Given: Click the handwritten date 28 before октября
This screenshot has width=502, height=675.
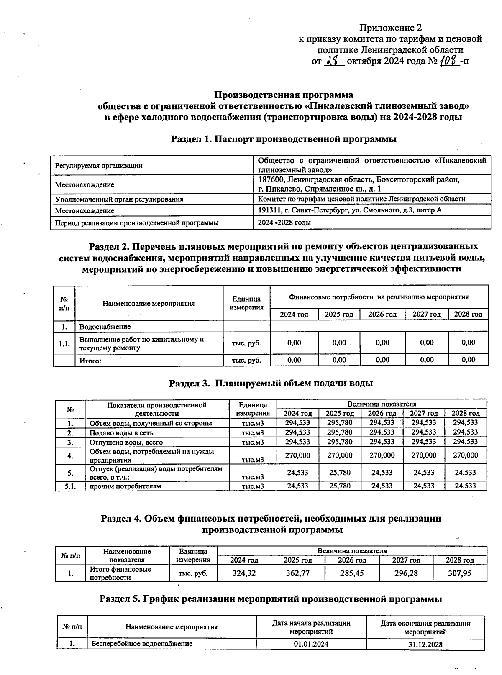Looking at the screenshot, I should coord(334,61).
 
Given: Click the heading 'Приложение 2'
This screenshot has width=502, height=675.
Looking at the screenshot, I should coord(390,28).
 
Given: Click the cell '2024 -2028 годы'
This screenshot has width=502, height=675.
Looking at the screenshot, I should coord(284,222).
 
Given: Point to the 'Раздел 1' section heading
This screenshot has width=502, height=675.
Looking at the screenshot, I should coord(284,139).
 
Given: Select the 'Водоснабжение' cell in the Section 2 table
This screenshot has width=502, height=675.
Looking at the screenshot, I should coord(105,327).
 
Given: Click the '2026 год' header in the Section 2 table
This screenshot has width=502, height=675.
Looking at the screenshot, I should coord(382,314).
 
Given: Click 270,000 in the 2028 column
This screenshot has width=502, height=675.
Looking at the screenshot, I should coord(466,455).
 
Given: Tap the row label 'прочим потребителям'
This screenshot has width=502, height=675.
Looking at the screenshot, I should coord(125,486).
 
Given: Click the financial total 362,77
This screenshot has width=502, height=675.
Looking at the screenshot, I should coord(298,573).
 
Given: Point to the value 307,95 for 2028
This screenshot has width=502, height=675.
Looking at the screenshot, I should coord(459,573).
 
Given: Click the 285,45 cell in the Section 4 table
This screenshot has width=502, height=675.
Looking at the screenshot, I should coord(352,573).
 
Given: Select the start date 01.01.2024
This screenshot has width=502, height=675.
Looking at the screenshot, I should coord(311,644).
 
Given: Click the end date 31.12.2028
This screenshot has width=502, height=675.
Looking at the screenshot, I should coord(425,644).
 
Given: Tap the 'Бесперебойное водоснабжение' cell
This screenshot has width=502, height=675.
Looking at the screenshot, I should coord(142,644).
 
